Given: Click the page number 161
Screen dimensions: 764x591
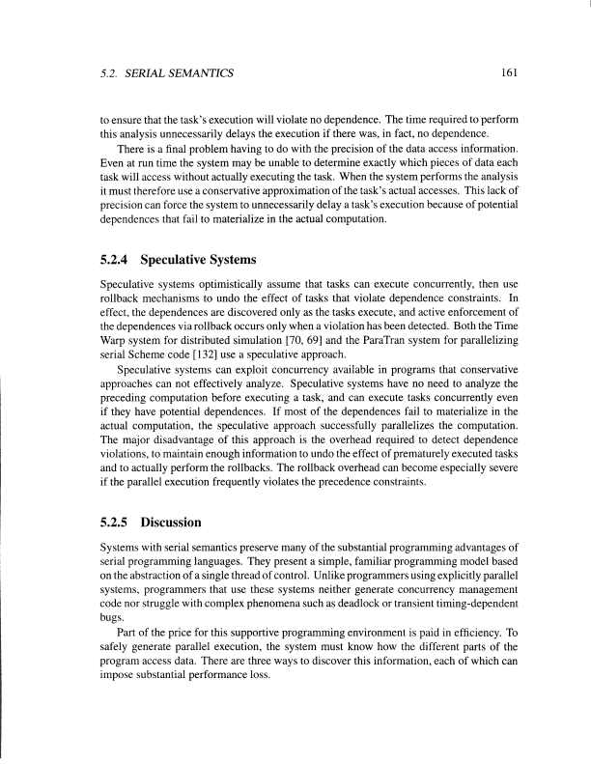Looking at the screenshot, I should [499, 72].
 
